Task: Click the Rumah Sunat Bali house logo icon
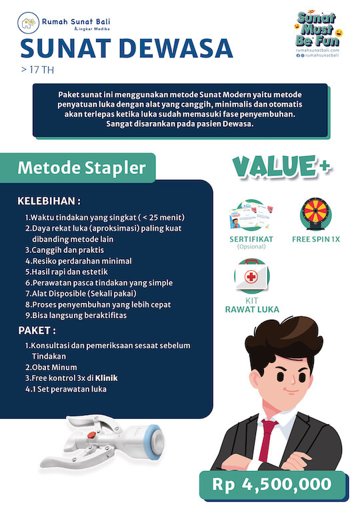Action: (x=27, y=25)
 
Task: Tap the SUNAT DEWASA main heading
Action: (x=127, y=48)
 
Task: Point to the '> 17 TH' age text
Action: (x=34, y=69)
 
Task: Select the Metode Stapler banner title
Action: (x=81, y=167)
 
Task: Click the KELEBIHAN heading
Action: (x=49, y=201)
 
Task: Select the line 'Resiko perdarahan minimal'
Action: (x=78, y=261)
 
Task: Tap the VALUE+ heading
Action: (x=280, y=167)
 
